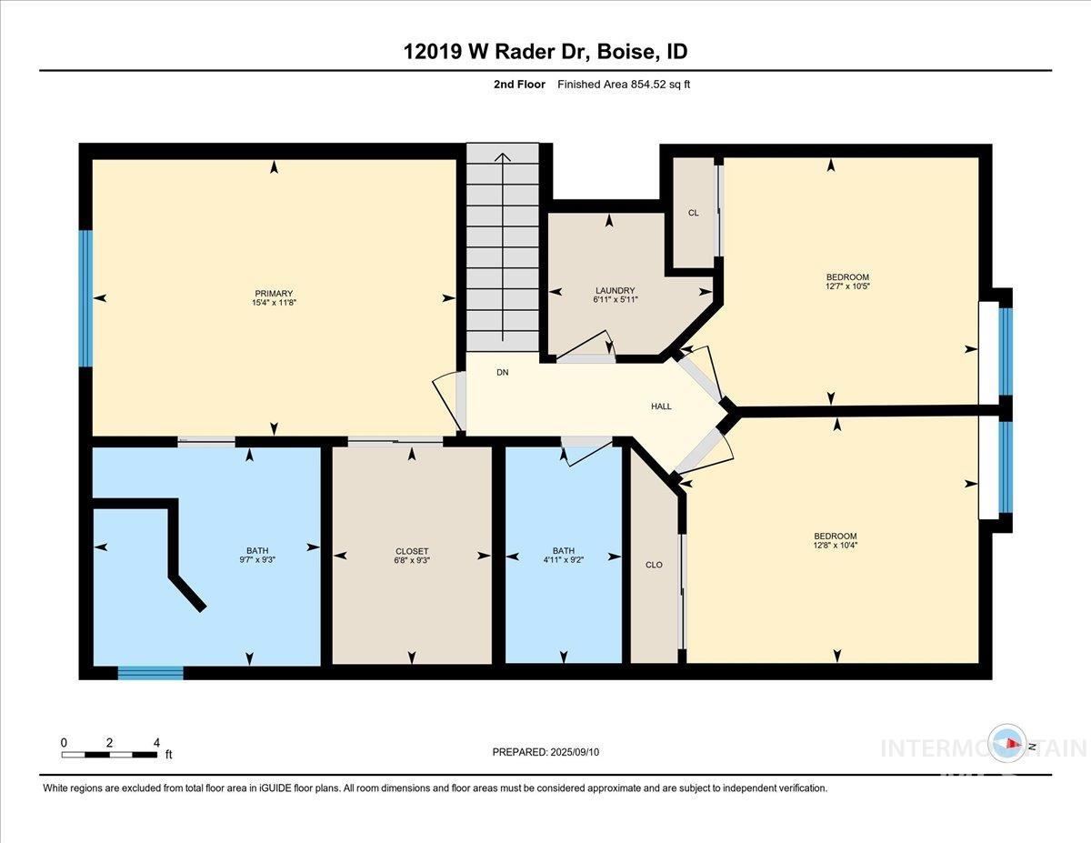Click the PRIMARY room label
(x=273, y=293)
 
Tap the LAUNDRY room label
(x=616, y=290)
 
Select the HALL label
(x=661, y=406)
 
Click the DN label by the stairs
(x=502, y=373)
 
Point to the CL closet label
(x=693, y=213)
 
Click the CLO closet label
(x=654, y=565)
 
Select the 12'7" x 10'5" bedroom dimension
(x=847, y=287)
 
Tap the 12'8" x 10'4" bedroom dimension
(x=836, y=546)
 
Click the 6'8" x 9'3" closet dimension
(x=412, y=561)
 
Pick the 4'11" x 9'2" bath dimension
(x=564, y=561)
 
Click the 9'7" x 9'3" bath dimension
(x=257, y=561)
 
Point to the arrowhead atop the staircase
(x=502, y=156)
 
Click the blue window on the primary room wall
(x=85, y=297)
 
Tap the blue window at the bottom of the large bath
(x=150, y=673)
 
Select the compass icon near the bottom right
(x=1008, y=745)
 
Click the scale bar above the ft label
(x=109, y=754)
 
